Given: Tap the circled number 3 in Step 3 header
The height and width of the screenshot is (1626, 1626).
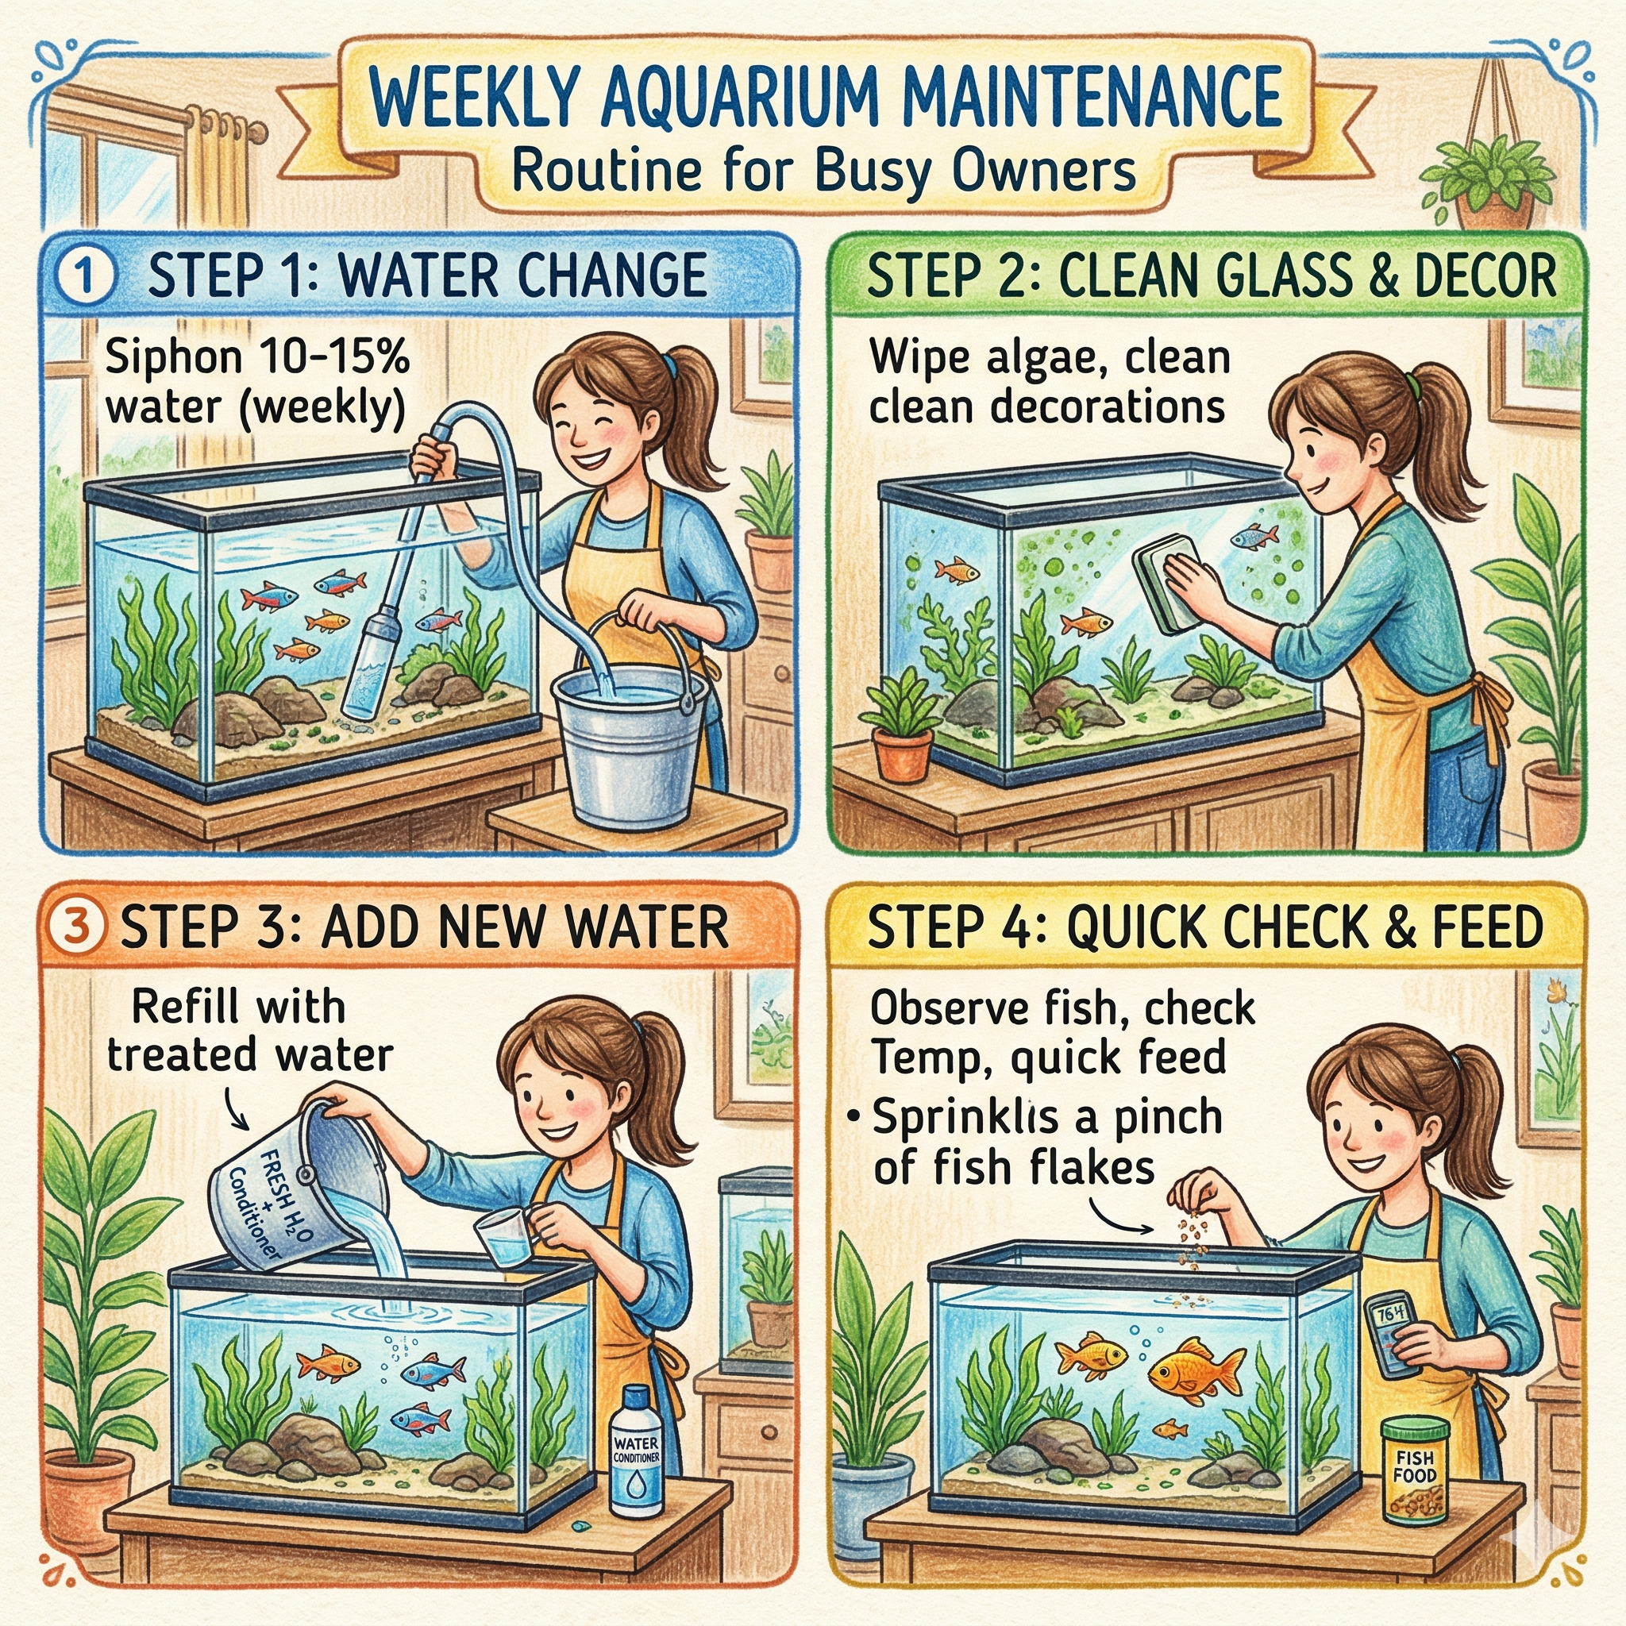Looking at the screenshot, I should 78,925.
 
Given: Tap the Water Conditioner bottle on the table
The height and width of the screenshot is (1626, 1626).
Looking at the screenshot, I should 636,1456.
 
